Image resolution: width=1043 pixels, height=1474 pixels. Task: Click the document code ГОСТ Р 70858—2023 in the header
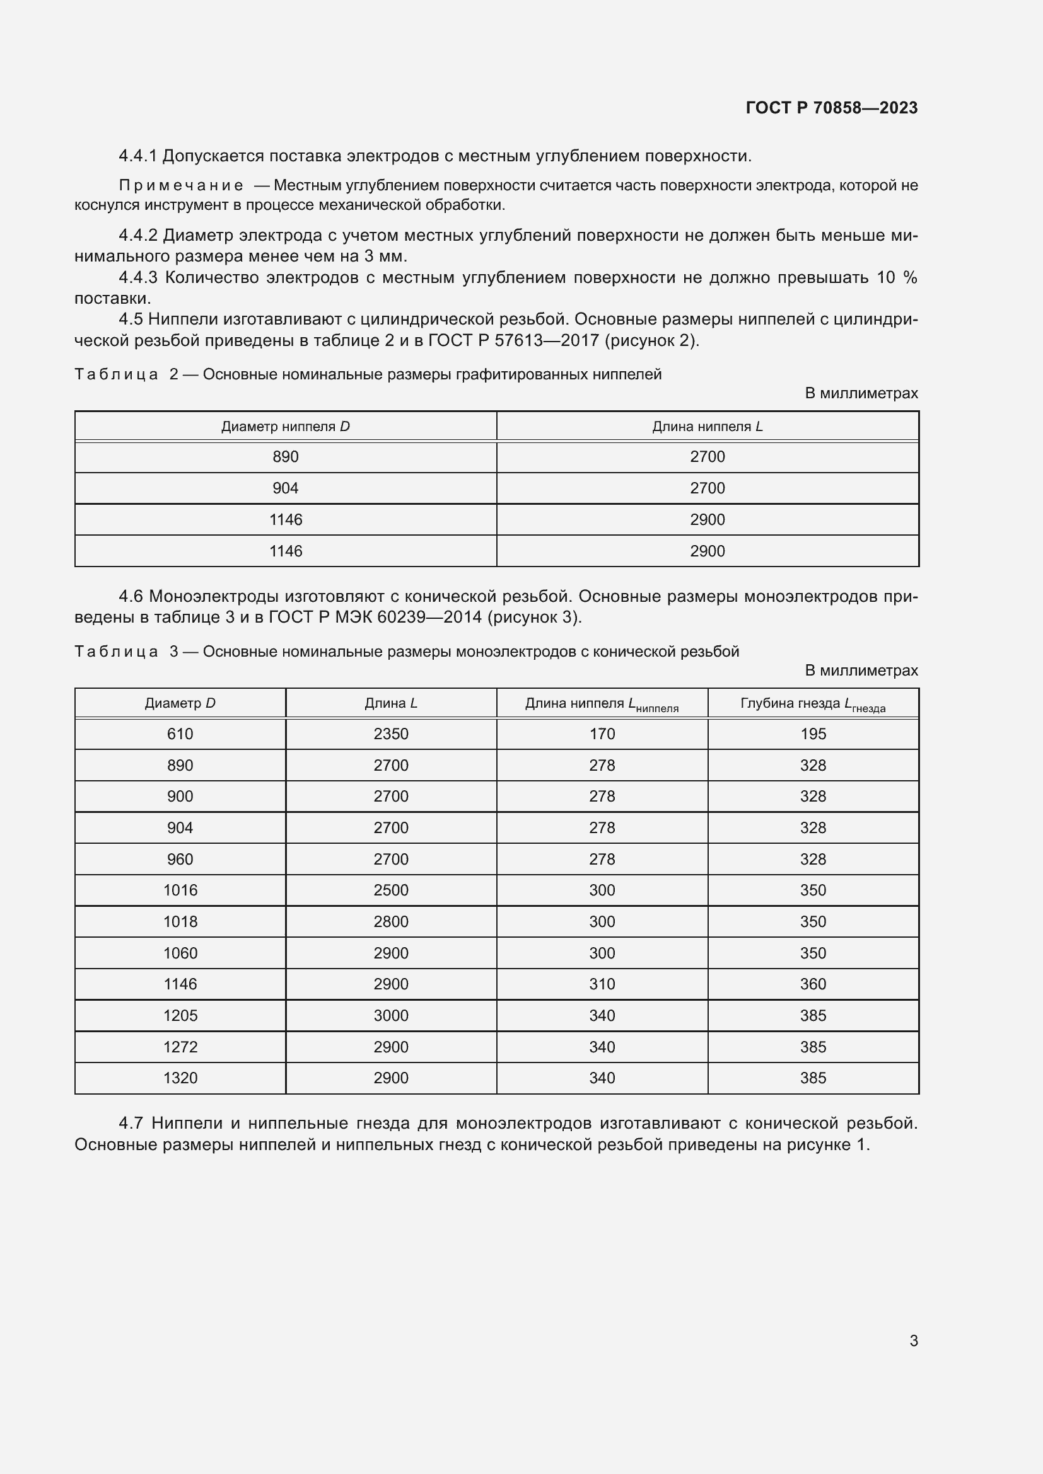coord(831,108)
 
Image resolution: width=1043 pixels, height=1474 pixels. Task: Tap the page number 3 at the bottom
coord(913,1340)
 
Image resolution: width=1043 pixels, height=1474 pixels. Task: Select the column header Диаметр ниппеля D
coord(285,427)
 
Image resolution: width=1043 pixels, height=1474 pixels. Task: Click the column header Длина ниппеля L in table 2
coord(707,427)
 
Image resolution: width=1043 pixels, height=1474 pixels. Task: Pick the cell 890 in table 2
coord(285,457)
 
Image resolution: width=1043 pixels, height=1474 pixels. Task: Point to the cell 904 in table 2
coord(285,488)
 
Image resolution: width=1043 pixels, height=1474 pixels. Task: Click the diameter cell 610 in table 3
coord(180,734)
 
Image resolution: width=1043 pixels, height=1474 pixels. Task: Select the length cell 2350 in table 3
coord(390,734)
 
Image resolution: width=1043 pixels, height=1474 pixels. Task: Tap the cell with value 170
coord(602,734)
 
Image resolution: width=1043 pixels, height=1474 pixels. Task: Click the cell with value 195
coord(812,734)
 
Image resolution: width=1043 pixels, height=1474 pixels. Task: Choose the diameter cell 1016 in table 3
coord(180,890)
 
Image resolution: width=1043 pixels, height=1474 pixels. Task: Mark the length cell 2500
coord(390,890)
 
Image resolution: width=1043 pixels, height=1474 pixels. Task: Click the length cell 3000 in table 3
coord(390,1016)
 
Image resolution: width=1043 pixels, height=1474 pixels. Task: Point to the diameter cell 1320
coord(180,1078)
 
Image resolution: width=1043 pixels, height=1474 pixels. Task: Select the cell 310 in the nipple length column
coord(602,984)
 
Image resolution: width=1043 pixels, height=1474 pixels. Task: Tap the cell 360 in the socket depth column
coord(812,984)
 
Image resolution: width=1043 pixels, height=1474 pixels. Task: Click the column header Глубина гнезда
coord(812,705)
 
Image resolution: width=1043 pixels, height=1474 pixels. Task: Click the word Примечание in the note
coord(181,185)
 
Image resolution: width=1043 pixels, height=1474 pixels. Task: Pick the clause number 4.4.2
coord(137,236)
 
